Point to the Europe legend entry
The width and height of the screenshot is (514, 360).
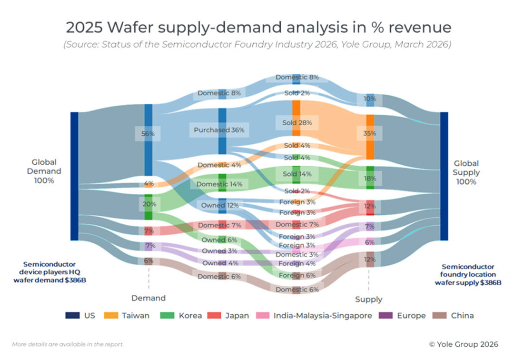coord(407,315)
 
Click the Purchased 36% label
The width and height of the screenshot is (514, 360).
coord(219,130)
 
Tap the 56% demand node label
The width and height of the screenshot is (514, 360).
coord(148,134)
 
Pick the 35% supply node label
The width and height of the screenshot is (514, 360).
coord(370,134)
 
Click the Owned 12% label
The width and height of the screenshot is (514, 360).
coord(219,205)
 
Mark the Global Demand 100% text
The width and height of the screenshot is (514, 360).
coord(47,171)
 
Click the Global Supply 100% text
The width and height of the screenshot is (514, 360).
coord(467,172)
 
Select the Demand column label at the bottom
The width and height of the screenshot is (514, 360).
coord(148,298)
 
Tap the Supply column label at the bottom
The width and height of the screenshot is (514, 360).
coord(369,300)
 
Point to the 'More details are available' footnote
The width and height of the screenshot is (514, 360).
coord(68,344)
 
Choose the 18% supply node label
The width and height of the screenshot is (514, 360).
coord(370,178)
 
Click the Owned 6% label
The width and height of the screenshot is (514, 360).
coord(219,240)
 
